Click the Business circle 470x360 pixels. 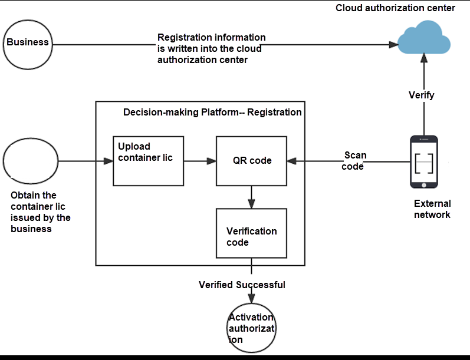tap(28, 43)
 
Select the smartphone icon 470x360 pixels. tap(425, 161)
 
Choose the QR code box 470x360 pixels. tap(252, 160)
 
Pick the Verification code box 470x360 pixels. tap(252, 233)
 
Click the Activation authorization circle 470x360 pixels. tap(252, 328)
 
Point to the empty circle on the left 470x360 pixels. tap(31, 161)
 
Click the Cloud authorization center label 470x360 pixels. tap(395, 8)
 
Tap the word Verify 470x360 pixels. tap(422, 95)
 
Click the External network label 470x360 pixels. tap(432, 209)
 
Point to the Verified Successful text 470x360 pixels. tap(242, 285)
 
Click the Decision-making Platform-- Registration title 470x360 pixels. tap(212, 112)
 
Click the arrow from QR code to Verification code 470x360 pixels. tap(252, 197)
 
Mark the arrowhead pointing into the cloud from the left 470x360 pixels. tap(392, 44)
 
